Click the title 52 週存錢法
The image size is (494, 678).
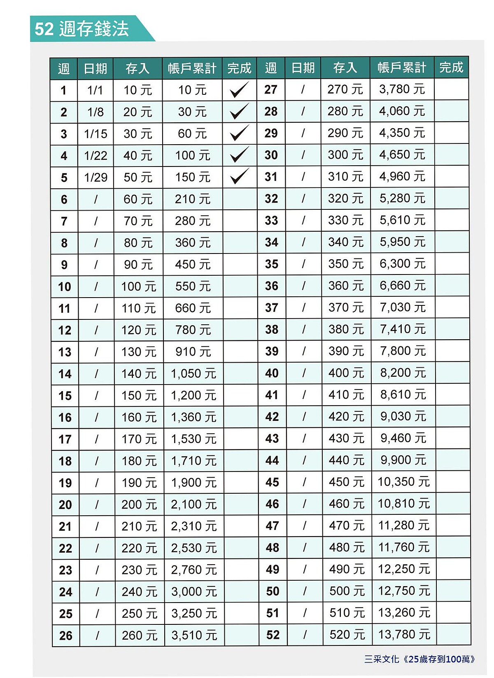[82, 29]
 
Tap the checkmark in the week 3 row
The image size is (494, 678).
[239, 133]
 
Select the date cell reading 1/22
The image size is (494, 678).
[96, 156]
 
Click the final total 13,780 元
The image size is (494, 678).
[404, 634]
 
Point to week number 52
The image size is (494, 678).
[273, 635]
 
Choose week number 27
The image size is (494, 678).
[270, 89]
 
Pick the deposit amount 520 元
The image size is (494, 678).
[347, 635]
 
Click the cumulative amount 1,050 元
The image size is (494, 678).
[193, 374]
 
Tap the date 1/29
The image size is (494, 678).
[96, 178]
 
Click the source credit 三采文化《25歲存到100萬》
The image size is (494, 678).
[419, 659]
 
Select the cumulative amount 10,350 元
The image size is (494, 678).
[403, 482]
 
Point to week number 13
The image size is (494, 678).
[65, 352]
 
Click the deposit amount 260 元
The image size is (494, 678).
[140, 636]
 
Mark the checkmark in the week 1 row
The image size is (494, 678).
[239, 89]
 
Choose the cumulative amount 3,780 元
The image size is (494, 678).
[402, 89]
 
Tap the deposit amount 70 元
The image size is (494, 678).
[138, 221]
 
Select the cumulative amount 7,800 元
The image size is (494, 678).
[403, 351]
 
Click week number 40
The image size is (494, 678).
[272, 373]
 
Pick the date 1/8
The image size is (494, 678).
[95, 112]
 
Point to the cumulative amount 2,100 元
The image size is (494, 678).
[193, 504]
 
